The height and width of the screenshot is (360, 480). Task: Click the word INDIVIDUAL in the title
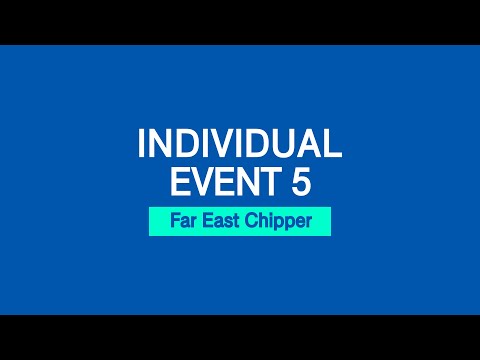(x=240, y=145)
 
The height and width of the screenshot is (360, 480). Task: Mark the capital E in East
(x=205, y=222)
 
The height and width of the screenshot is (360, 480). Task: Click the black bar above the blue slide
(x=240, y=22)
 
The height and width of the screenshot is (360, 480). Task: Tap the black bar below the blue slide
(x=240, y=337)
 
